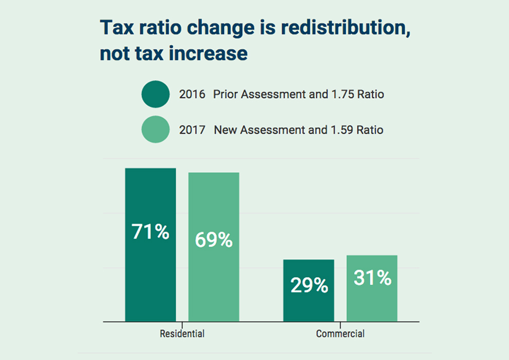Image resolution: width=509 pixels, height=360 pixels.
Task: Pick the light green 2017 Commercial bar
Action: point(372,303)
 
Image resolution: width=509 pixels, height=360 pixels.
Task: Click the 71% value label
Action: point(150,232)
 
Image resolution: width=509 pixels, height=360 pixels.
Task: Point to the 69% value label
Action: point(213,240)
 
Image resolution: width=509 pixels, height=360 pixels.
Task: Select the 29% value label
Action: point(309,285)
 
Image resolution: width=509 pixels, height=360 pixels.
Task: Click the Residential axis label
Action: point(182,334)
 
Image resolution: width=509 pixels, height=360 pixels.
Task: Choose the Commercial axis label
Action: point(340,334)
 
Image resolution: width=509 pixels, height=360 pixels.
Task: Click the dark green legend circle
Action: point(155,95)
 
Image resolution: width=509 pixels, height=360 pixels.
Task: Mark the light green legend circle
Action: point(155,130)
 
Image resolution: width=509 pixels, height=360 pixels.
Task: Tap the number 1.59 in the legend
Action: point(341,130)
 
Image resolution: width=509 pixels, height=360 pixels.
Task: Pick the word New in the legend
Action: point(224,130)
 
